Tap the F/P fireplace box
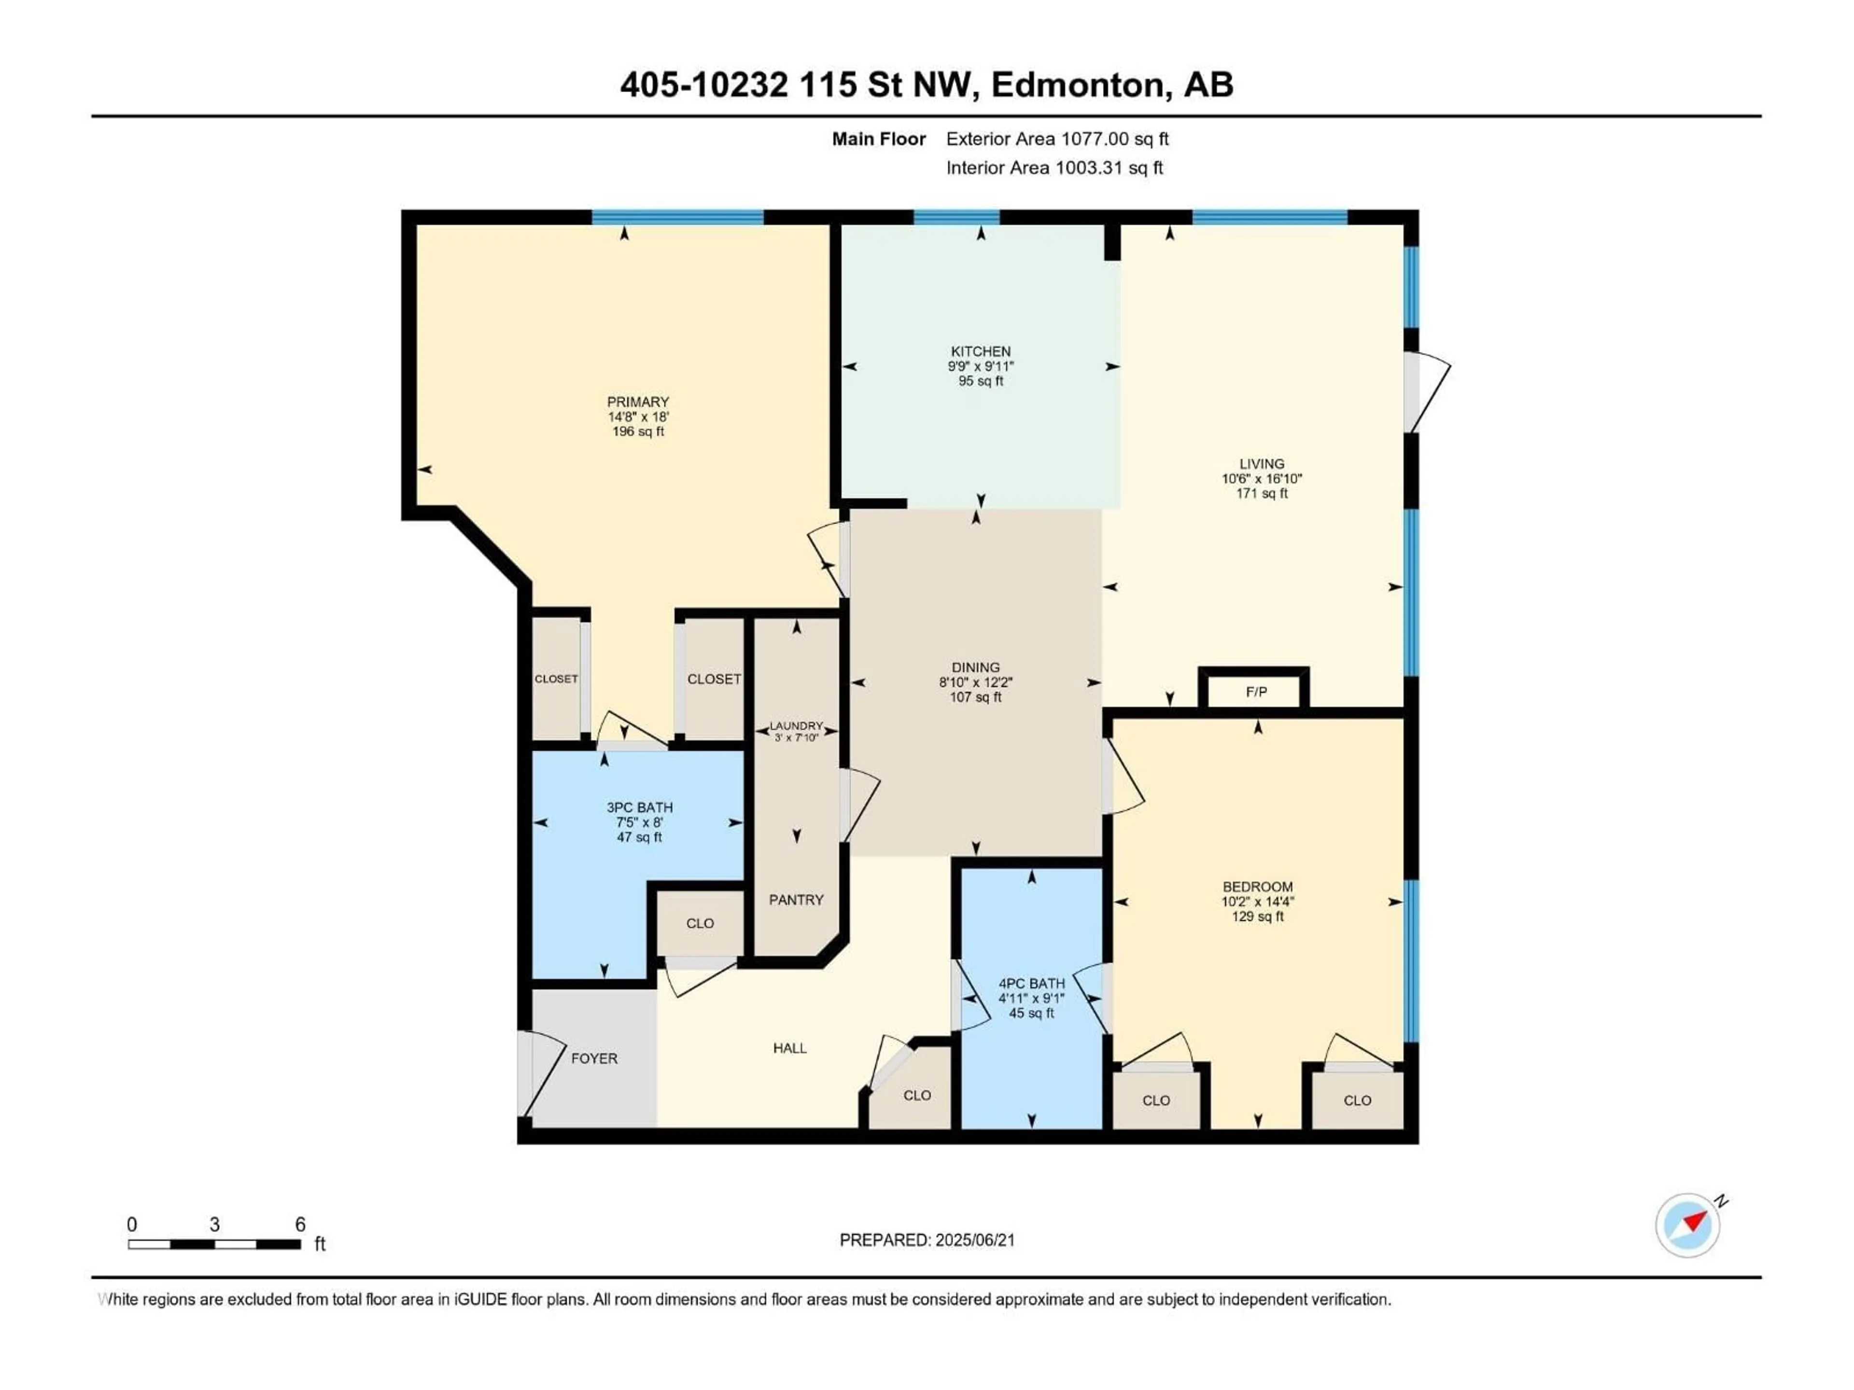[x=1256, y=691]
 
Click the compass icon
[x=1687, y=1225]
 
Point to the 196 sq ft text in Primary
[x=638, y=431]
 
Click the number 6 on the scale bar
[x=300, y=1224]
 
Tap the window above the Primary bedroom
[x=677, y=218]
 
